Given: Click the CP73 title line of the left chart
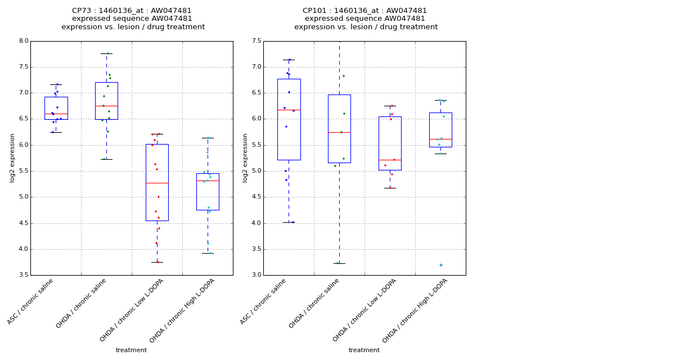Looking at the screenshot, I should [x=132, y=11].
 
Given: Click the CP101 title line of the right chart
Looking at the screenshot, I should [x=364, y=11].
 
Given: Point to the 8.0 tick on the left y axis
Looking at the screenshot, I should [x=23, y=41].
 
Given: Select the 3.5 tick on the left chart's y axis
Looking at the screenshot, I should [x=23, y=275].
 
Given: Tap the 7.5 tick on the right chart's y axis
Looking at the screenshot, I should [x=256, y=41].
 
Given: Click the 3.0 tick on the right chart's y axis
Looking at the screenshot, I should [x=256, y=275].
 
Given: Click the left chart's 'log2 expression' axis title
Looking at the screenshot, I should [x=12, y=158].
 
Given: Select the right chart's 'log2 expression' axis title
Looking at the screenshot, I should [x=245, y=158].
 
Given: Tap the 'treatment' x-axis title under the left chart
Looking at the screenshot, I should [x=131, y=350].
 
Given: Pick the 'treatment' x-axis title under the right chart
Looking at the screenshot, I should [x=364, y=350].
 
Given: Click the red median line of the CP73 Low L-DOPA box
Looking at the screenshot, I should [x=157, y=183].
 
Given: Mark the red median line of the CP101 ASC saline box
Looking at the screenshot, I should [x=289, y=110].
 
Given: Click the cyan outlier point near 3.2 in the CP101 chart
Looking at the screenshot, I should [x=441, y=265].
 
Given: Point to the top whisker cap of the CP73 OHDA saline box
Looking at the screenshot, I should [x=106, y=53].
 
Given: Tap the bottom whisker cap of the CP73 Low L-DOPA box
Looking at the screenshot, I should [x=157, y=262].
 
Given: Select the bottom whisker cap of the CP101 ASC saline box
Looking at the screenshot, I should [x=289, y=222].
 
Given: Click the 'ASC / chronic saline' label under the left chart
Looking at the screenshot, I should [x=31, y=301].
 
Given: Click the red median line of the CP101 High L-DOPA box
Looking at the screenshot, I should [x=440, y=139].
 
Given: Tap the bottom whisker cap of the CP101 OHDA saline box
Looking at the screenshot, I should [x=339, y=263].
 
